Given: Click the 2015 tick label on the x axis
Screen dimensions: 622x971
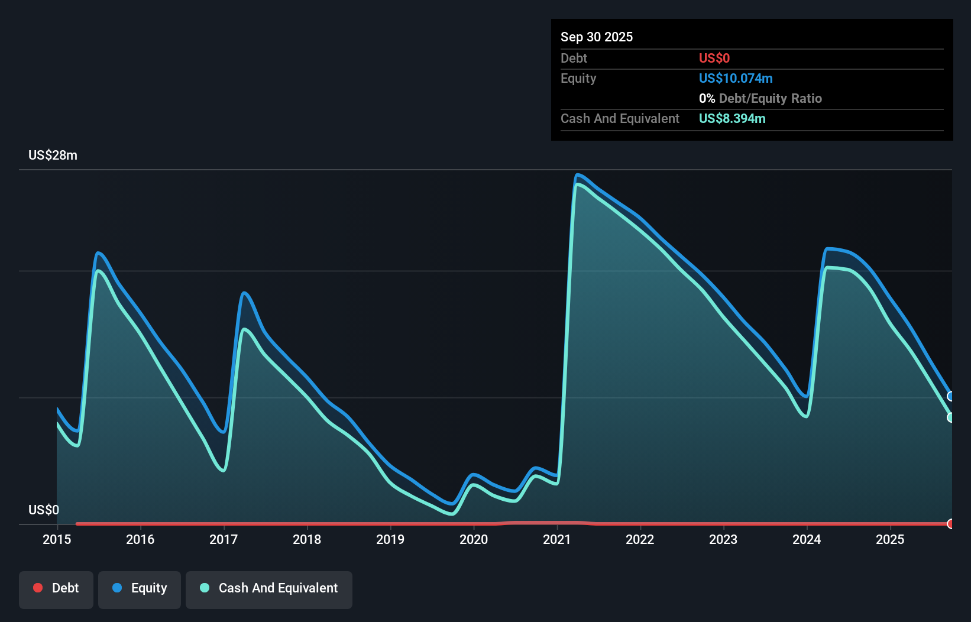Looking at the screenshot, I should (x=57, y=539).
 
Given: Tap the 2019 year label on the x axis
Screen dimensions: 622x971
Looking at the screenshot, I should (x=390, y=539).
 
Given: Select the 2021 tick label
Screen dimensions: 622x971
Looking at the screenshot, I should (x=557, y=539).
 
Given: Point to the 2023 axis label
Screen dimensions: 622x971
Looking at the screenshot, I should (x=723, y=539).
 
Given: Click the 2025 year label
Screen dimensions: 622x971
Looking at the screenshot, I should (x=890, y=539).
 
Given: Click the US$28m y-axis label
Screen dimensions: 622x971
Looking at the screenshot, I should (x=53, y=155).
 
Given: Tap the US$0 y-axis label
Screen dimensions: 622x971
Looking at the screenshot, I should (x=44, y=510).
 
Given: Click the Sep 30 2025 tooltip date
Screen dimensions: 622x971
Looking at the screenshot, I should (x=597, y=37).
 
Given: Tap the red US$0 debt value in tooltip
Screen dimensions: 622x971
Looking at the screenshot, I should (x=714, y=58).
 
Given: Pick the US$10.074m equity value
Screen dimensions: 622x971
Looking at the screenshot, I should (x=736, y=78).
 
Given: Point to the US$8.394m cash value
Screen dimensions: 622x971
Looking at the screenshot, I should (x=732, y=118).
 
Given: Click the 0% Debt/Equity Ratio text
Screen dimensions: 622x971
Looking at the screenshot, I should (x=760, y=98).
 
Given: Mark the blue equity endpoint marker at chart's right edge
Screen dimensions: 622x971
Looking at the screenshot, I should (x=951, y=396).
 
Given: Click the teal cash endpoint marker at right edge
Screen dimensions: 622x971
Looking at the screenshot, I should (x=951, y=417).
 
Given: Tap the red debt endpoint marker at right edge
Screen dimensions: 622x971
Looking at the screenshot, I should (x=951, y=524).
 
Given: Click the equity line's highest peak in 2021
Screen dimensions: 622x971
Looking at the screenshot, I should (x=578, y=174).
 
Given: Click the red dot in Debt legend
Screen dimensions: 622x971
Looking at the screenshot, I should (x=38, y=588).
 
